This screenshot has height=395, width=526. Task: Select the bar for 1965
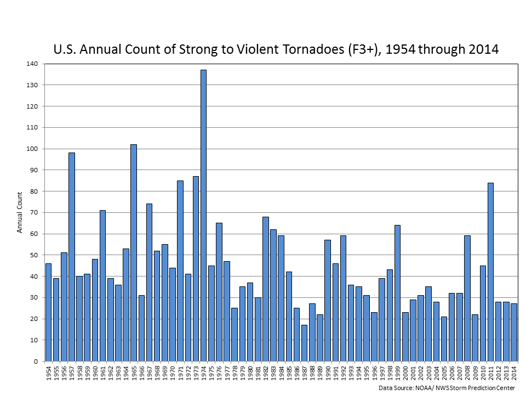coord(134,252)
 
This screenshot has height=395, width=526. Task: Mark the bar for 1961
coord(102,285)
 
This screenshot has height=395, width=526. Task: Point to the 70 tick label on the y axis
coord(34,212)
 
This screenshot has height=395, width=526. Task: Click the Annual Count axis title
coord(20,212)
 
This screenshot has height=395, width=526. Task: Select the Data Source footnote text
coord(447,388)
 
